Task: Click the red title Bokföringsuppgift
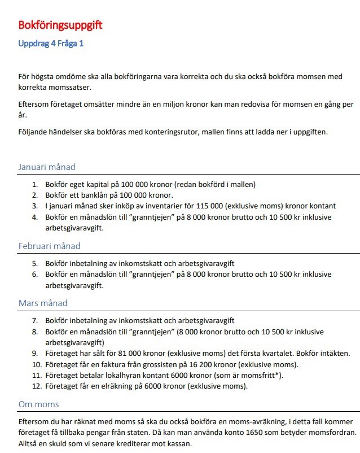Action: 60,25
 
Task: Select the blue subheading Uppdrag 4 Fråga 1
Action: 51,43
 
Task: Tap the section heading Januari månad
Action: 47,167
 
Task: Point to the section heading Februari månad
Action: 49,246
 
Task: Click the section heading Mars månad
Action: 42,303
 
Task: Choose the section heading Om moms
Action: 38,404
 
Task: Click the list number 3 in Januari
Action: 34,206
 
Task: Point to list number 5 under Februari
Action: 34,263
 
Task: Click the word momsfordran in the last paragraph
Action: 330,432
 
